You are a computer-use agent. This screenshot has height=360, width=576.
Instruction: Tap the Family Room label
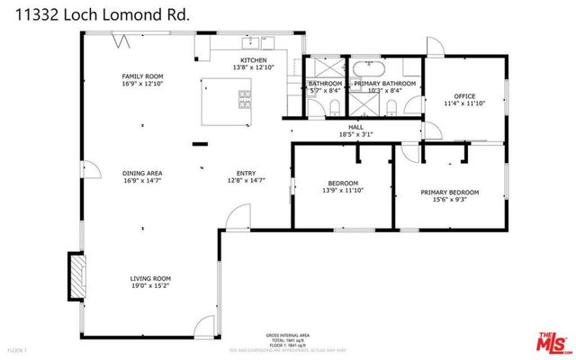141,76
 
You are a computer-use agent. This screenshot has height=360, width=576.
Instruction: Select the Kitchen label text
252,60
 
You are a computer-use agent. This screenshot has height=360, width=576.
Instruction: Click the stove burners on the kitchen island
244,97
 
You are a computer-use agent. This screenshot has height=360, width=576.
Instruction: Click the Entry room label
246,174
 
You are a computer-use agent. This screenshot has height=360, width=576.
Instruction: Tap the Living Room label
150,279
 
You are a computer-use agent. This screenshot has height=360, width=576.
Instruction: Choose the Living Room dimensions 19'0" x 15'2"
150,288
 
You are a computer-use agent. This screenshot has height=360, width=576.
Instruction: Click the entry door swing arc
238,216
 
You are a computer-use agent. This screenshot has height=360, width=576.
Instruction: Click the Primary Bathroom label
385,83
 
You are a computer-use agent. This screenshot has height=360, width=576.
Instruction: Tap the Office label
463,95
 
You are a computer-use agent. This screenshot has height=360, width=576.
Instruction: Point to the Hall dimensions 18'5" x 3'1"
356,135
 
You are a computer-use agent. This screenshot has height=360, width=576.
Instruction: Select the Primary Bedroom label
449,193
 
